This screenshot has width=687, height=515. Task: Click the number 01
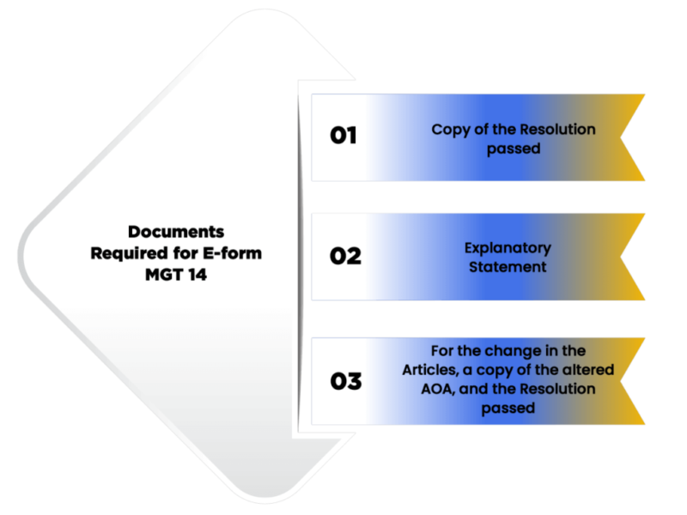click(x=343, y=136)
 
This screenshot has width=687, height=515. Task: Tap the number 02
click(x=345, y=257)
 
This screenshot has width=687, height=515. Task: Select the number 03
click(x=345, y=381)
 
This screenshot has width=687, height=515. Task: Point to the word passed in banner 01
click(x=514, y=148)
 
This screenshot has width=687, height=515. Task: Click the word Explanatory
click(x=508, y=248)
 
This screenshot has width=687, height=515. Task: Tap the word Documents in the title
click(x=176, y=232)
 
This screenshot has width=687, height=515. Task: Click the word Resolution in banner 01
click(x=556, y=130)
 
